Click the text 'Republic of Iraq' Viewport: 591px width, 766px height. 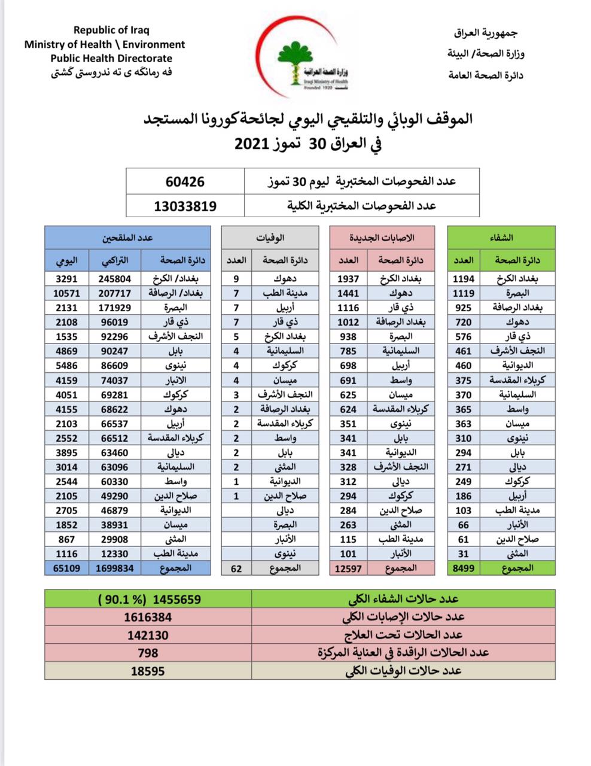click(x=111, y=30)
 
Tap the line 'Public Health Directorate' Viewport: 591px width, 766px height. click(x=111, y=58)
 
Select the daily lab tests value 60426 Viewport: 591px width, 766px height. click(x=185, y=181)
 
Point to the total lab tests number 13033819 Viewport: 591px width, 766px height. click(x=185, y=206)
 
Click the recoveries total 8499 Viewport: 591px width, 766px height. click(x=463, y=568)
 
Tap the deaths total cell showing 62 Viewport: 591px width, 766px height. click(x=236, y=568)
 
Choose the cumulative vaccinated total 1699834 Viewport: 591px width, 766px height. click(x=115, y=568)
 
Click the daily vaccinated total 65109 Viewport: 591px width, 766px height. click(x=66, y=568)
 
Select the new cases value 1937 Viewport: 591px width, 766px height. click(x=348, y=278)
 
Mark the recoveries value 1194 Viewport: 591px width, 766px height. click(x=463, y=278)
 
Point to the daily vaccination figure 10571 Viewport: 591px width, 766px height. click(x=66, y=293)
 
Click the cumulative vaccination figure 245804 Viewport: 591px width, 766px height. click(x=115, y=278)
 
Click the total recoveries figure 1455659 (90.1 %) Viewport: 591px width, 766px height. click(x=150, y=599)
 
